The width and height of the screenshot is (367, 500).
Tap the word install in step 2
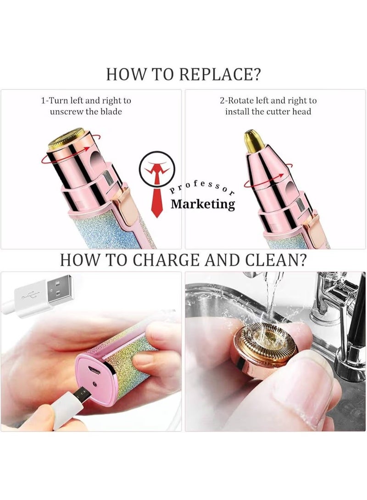pyautogui.click(x=237, y=112)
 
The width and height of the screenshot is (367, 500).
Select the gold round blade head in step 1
pyautogui.click(x=67, y=139)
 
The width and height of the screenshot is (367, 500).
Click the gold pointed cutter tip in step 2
pyautogui.click(x=254, y=141)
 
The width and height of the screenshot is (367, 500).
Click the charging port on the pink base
pyautogui.click(x=94, y=370)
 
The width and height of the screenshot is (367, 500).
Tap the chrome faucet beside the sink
pyautogui.click(x=335, y=306)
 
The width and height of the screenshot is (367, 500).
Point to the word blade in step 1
pyautogui.click(x=111, y=112)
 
